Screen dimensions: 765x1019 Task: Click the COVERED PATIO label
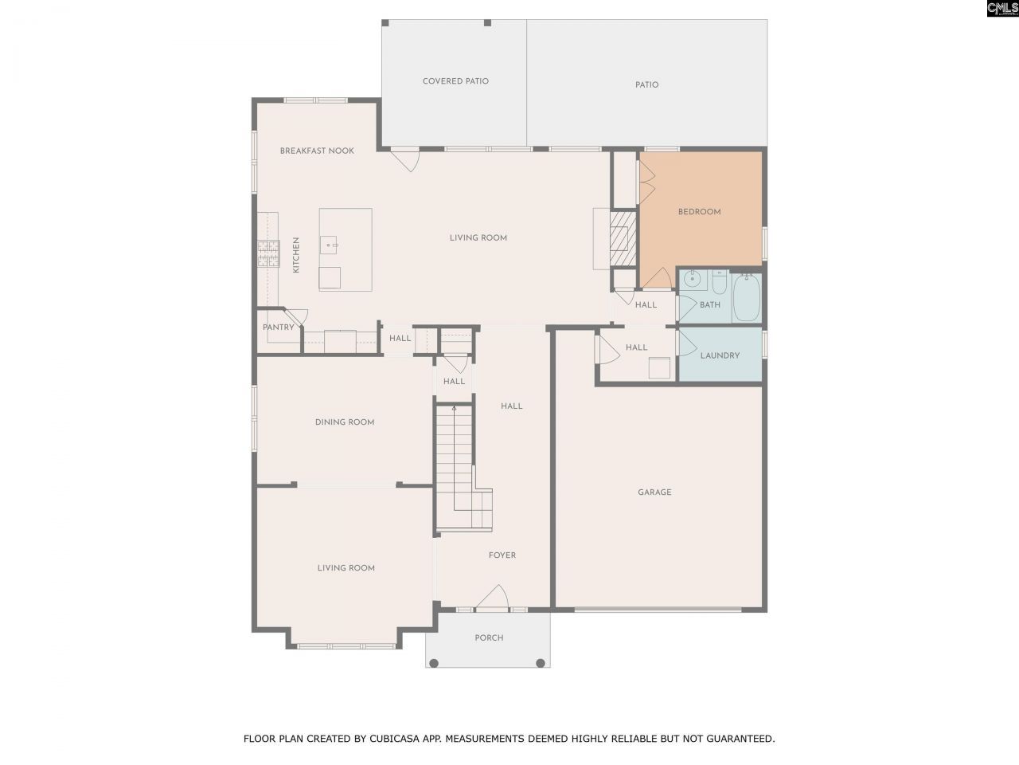coord(455,81)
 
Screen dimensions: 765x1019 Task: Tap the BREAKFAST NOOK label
coord(317,151)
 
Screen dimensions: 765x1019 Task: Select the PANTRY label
coord(279,328)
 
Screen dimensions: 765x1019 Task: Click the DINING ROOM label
coord(344,422)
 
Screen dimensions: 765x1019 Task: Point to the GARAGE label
coord(654,492)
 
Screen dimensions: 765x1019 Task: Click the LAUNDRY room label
coord(720,355)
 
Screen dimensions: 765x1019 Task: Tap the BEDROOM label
coord(699,212)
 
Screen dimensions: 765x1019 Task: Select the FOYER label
coord(502,555)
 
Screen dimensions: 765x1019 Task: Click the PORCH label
coord(489,637)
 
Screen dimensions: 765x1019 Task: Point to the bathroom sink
coord(693,280)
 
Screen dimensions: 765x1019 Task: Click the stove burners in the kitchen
coord(268,253)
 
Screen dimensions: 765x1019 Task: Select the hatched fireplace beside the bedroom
coord(623,237)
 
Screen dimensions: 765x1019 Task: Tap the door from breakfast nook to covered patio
coord(407,159)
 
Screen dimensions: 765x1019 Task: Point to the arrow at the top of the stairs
coord(454,409)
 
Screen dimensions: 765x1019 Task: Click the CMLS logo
coord(1001,9)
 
